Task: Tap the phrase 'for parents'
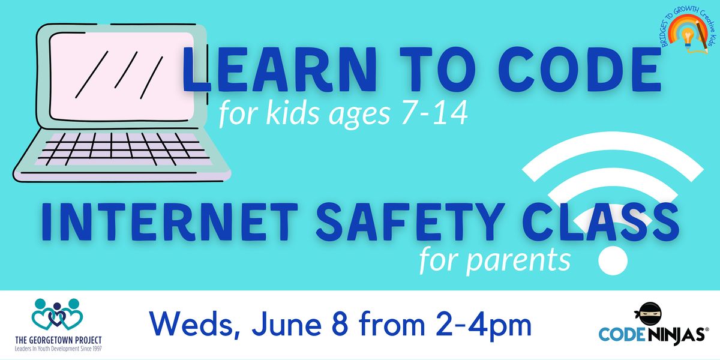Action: click(x=494, y=260)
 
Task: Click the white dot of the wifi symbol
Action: click(x=613, y=259)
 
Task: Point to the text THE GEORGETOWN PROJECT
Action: click(x=58, y=340)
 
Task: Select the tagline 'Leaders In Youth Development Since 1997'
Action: click(x=58, y=348)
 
